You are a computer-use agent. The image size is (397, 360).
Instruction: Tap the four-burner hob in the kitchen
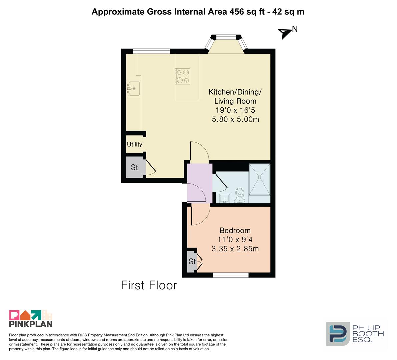(x=183, y=76)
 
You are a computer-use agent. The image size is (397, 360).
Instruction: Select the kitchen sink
(x=133, y=89)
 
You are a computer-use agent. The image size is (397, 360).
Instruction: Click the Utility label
(x=134, y=144)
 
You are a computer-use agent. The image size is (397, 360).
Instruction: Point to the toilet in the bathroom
(x=240, y=195)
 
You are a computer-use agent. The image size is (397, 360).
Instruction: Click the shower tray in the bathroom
(x=260, y=179)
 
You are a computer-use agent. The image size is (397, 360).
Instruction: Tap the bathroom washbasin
(x=224, y=198)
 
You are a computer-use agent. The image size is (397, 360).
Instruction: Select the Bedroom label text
(x=235, y=230)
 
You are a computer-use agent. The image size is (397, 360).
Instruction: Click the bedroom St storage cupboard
(x=192, y=261)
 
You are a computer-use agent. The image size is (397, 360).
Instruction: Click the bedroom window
(x=231, y=275)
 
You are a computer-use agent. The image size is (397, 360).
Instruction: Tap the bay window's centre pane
(x=226, y=37)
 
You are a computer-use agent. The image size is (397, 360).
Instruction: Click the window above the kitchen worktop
(x=151, y=51)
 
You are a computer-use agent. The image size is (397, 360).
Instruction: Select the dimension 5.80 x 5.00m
(x=235, y=119)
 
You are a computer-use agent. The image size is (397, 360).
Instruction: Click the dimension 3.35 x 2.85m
(x=235, y=249)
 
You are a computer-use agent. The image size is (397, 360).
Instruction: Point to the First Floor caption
(x=149, y=285)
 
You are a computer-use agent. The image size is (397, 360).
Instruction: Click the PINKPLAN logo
(x=31, y=318)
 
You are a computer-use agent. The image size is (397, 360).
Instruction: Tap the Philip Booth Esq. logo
(x=355, y=334)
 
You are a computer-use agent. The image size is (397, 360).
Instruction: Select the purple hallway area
(x=200, y=183)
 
